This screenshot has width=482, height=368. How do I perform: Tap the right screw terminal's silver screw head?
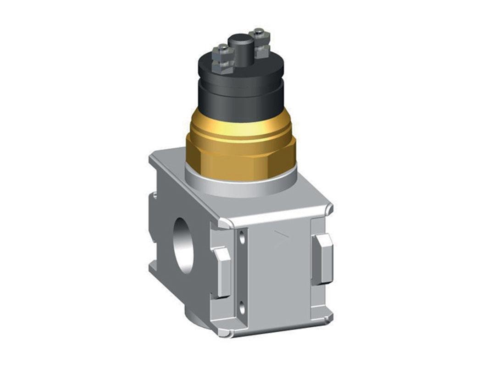click(260, 33)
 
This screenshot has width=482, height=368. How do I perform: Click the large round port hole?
click(185, 245)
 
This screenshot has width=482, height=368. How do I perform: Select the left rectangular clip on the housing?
click(223, 272)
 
